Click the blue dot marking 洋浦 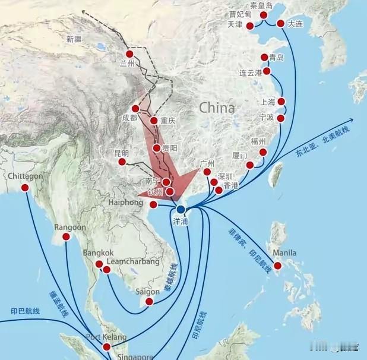(181, 209)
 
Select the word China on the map (217, 108)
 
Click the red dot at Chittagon (25, 188)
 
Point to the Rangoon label (70, 228)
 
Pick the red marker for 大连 (281, 24)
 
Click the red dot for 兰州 (129, 54)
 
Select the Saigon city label (148, 292)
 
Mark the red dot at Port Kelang (107, 347)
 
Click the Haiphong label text (126, 202)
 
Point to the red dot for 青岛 (265, 57)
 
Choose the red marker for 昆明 (122, 162)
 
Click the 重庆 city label (169, 121)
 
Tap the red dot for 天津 (250, 26)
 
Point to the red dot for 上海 (281, 102)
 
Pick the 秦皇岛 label (261, 5)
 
